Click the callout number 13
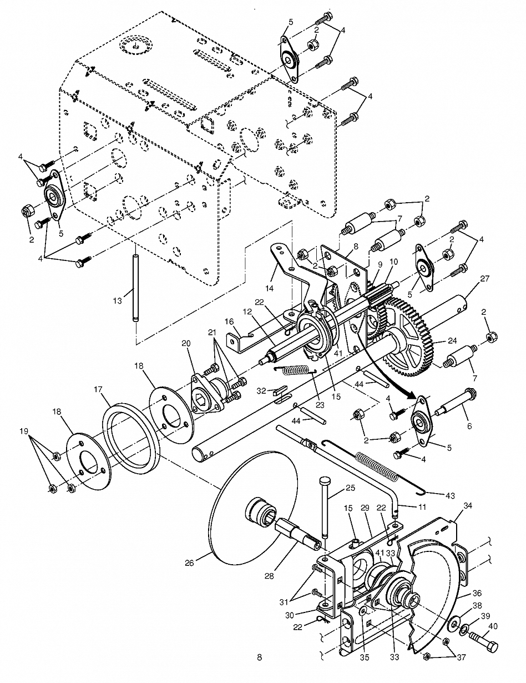click(118, 301)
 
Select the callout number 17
click(98, 390)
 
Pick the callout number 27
click(485, 279)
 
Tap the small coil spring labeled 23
click(295, 370)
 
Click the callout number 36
click(477, 593)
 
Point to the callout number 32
click(261, 391)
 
